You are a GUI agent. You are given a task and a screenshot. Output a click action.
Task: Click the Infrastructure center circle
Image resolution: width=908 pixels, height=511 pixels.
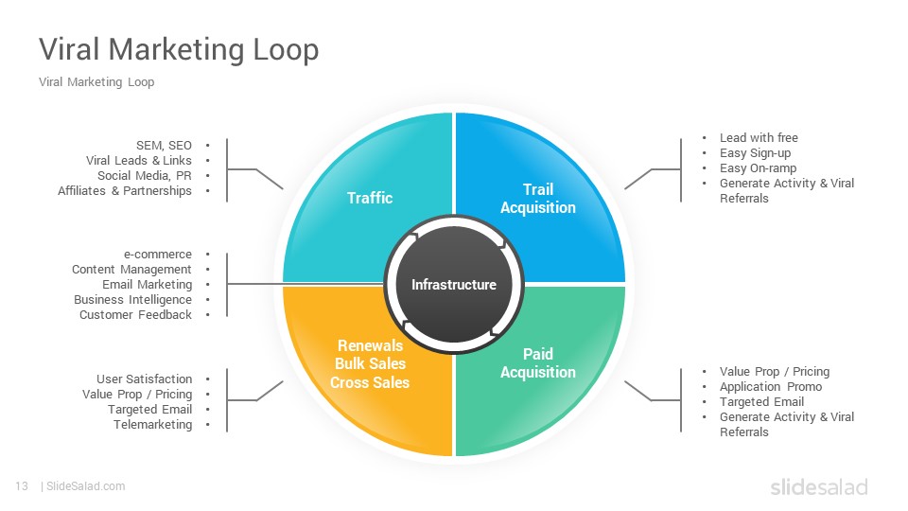pyautogui.click(x=454, y=285)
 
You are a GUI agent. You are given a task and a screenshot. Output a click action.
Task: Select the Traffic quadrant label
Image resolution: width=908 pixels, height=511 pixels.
pyautogui.click(x=370, y=198)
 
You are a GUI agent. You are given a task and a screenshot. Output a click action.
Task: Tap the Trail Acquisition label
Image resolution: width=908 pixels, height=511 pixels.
pyautogui.click(x=538, y=198)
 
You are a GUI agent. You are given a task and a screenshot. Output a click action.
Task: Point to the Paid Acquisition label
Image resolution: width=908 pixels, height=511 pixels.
pyautogui.click(x=538, y=362)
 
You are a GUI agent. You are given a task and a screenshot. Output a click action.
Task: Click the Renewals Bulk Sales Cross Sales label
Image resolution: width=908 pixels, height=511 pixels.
pyautogui.click(x=370, y=363)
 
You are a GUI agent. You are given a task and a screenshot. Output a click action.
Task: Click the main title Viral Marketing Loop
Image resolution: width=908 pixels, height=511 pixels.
pyautogui.click(x=179, y=48)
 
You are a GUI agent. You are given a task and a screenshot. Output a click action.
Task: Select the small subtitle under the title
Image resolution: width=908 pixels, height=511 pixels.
pyautogui.click(x=96, y=81)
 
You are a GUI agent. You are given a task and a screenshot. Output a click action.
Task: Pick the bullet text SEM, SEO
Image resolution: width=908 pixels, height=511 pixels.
pyautogui.click(x=164, y=146)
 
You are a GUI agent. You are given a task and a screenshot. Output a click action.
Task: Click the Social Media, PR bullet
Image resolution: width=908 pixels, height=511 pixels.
pyautogui.click(x=144, y=176)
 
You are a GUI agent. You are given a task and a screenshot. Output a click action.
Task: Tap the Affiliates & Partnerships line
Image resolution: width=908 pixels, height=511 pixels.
pyautogui.click(x=125, y=190)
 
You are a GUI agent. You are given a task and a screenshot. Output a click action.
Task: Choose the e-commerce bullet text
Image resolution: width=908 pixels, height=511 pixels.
pyautogui.click(x=158, y=255)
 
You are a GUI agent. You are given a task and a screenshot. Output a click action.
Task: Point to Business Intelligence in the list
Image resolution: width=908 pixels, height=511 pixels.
pyautogui.click(x=132, y=300)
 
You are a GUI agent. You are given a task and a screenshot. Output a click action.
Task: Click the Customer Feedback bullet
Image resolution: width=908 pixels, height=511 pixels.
pyautogui.click(x=135, y=314)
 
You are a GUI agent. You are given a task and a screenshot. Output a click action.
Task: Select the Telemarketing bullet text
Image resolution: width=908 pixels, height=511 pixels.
pyautogui.click(x=153, y=424)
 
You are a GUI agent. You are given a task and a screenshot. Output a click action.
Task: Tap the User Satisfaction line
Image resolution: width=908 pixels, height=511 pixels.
pyautogui.click(x=144, y=379)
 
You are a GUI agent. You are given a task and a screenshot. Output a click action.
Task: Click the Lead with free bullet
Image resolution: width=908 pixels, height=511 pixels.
pyautogui.click(x=759, y=138)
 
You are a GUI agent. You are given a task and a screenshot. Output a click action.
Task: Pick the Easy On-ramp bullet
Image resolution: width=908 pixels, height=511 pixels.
pyautogui.click(x=758, y=168)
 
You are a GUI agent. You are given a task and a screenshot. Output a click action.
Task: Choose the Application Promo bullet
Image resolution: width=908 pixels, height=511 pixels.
pyautogui.click(x=771, y=386)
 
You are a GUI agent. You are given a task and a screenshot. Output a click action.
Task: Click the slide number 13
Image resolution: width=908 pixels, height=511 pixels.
pyautogui.click(x=22, y=486)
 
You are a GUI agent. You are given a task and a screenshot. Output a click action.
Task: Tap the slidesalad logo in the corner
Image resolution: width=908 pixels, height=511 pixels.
pyautogui.click(x=819, y=486)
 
